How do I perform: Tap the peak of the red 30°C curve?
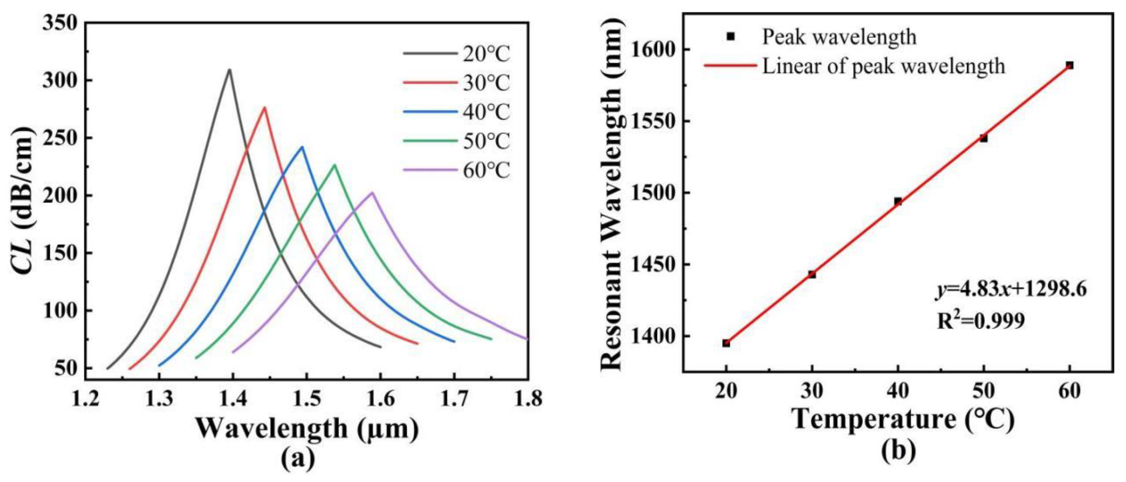pyautogui.click(x=264, y=108)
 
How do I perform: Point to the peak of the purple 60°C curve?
pyautogui.click(x=372, y=192)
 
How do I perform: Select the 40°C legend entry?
pyautogui.click(x=457, y=112)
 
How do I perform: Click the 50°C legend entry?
pyautogui.click(x=457, y=141)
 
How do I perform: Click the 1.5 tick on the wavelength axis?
pyautogui.click(x=307, y=398)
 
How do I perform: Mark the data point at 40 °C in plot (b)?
pyautogui.click(x=898, y=201)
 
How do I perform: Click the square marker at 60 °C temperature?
pyautogui.click(x=1070, y=65)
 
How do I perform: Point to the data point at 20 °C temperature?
pyautogui.click(x=726, y=343)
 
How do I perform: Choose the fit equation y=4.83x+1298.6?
pyautogui.click(x=1011, y=290)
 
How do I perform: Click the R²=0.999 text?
pyautogui.click(x=981, y=322)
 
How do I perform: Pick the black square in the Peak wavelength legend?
pyautogui.click(x=730, y=37)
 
